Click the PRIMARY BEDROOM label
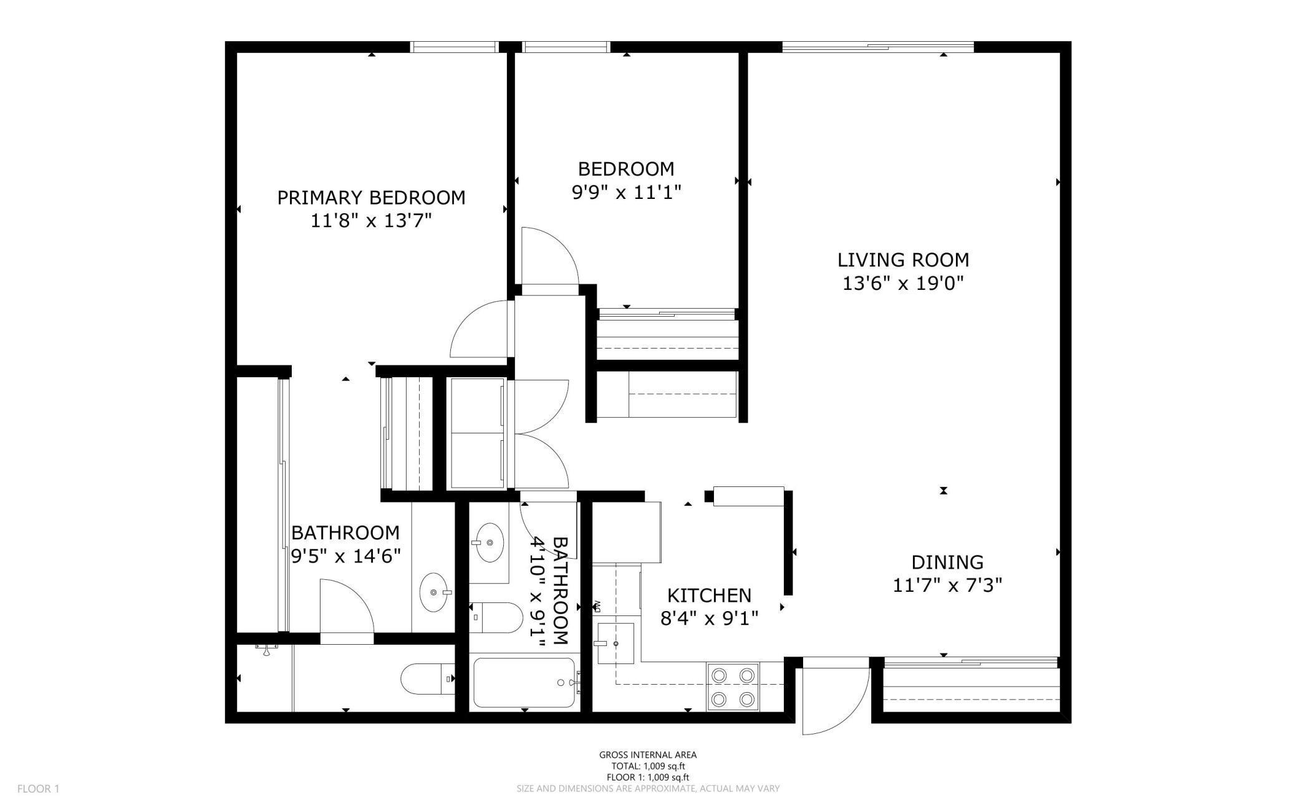[371, 198]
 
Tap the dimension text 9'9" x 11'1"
[626, 192]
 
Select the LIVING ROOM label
[903, 259]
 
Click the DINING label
[947, 562]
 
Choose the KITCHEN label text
[709, 595]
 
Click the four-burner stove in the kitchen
[733, 687]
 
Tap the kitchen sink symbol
[615, 643]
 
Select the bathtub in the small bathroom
[524, 683]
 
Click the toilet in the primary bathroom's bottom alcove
[427, 678]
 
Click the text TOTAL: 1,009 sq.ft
[648, 766]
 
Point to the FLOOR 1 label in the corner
[38, 789]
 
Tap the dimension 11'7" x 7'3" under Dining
[947, 586]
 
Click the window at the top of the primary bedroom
[453, 47]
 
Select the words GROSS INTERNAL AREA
[648, 755]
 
